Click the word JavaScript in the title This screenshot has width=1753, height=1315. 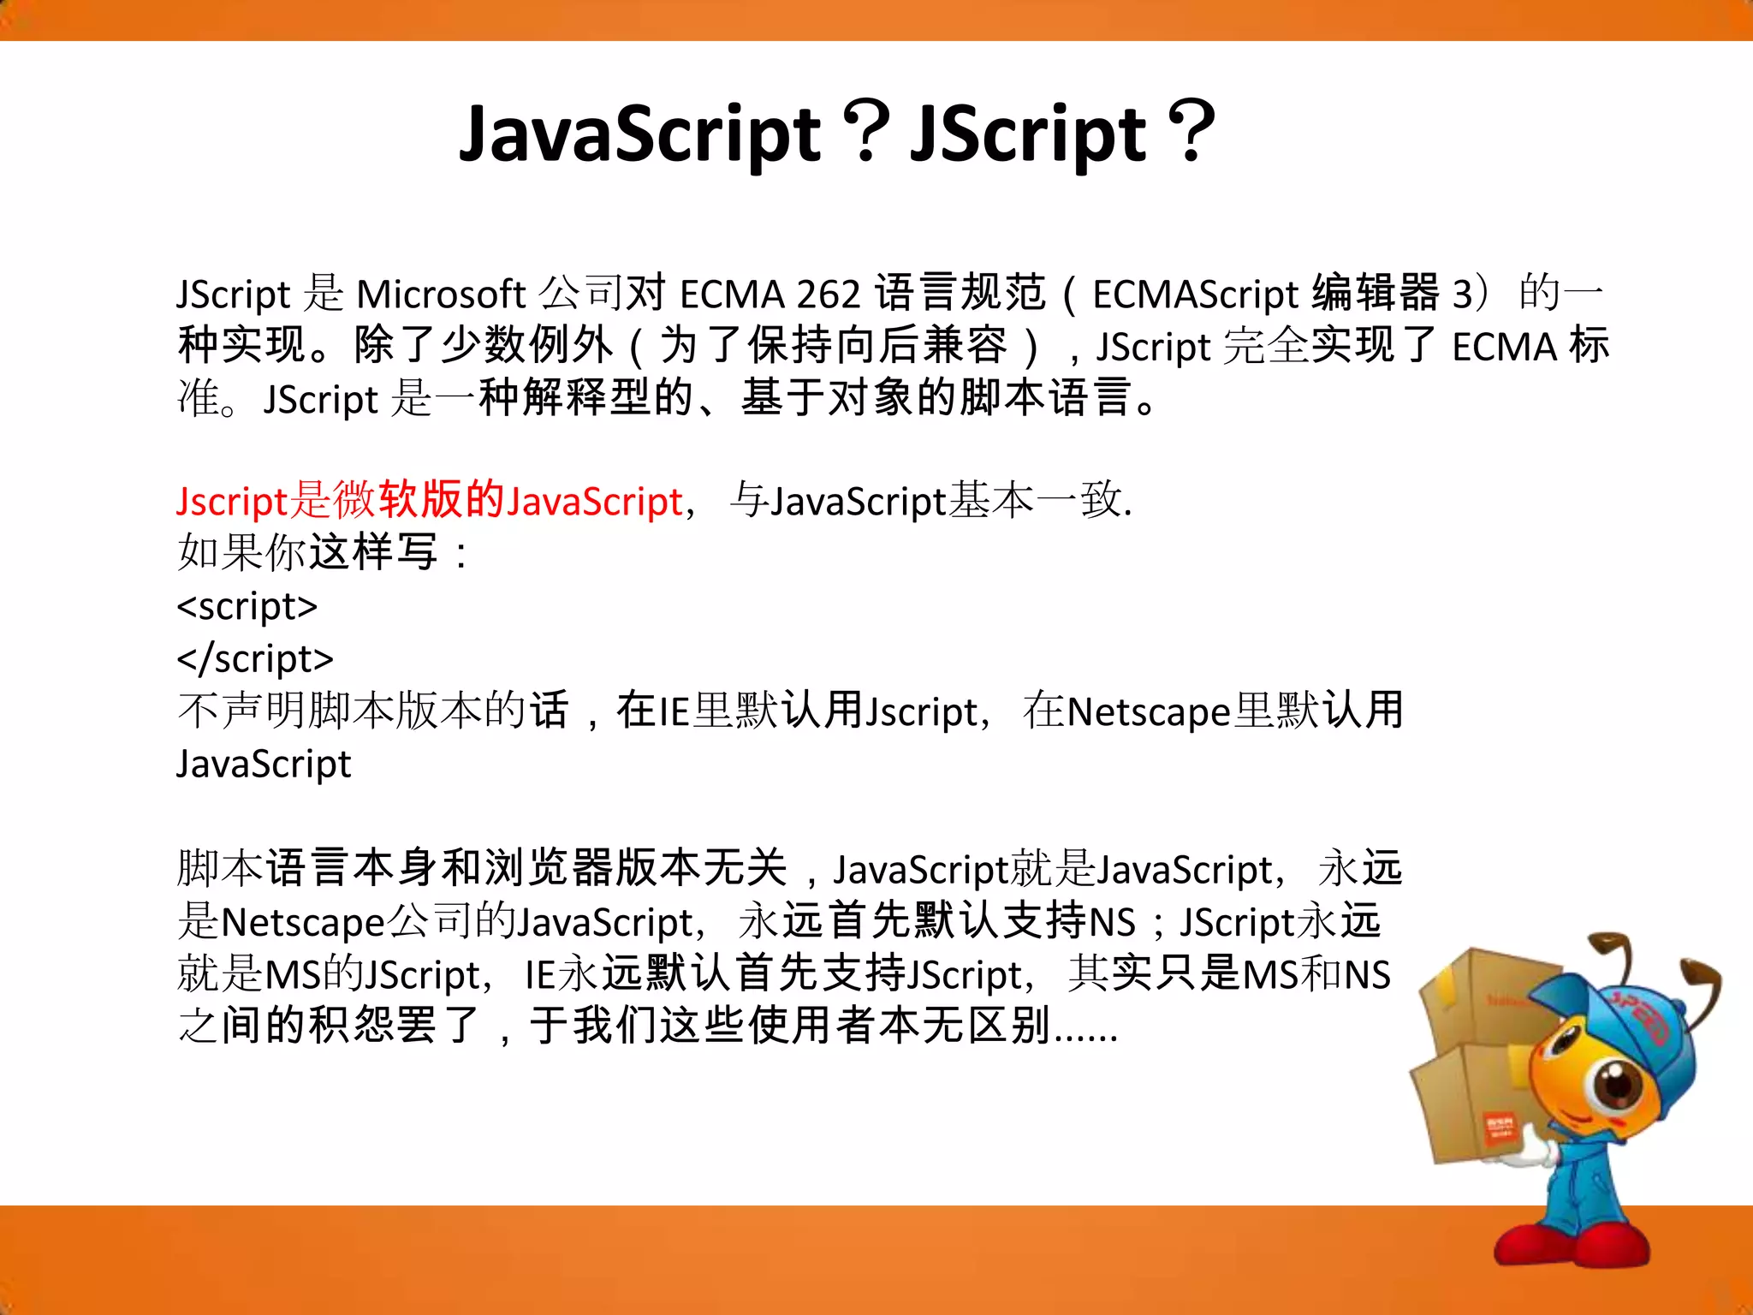640,134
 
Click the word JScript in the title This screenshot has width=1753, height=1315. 1027,134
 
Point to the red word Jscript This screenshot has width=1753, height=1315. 232,502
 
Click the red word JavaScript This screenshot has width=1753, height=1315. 594,502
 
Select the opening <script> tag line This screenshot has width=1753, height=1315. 247,606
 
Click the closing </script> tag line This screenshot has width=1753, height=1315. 255,659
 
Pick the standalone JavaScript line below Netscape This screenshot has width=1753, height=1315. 264,764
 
